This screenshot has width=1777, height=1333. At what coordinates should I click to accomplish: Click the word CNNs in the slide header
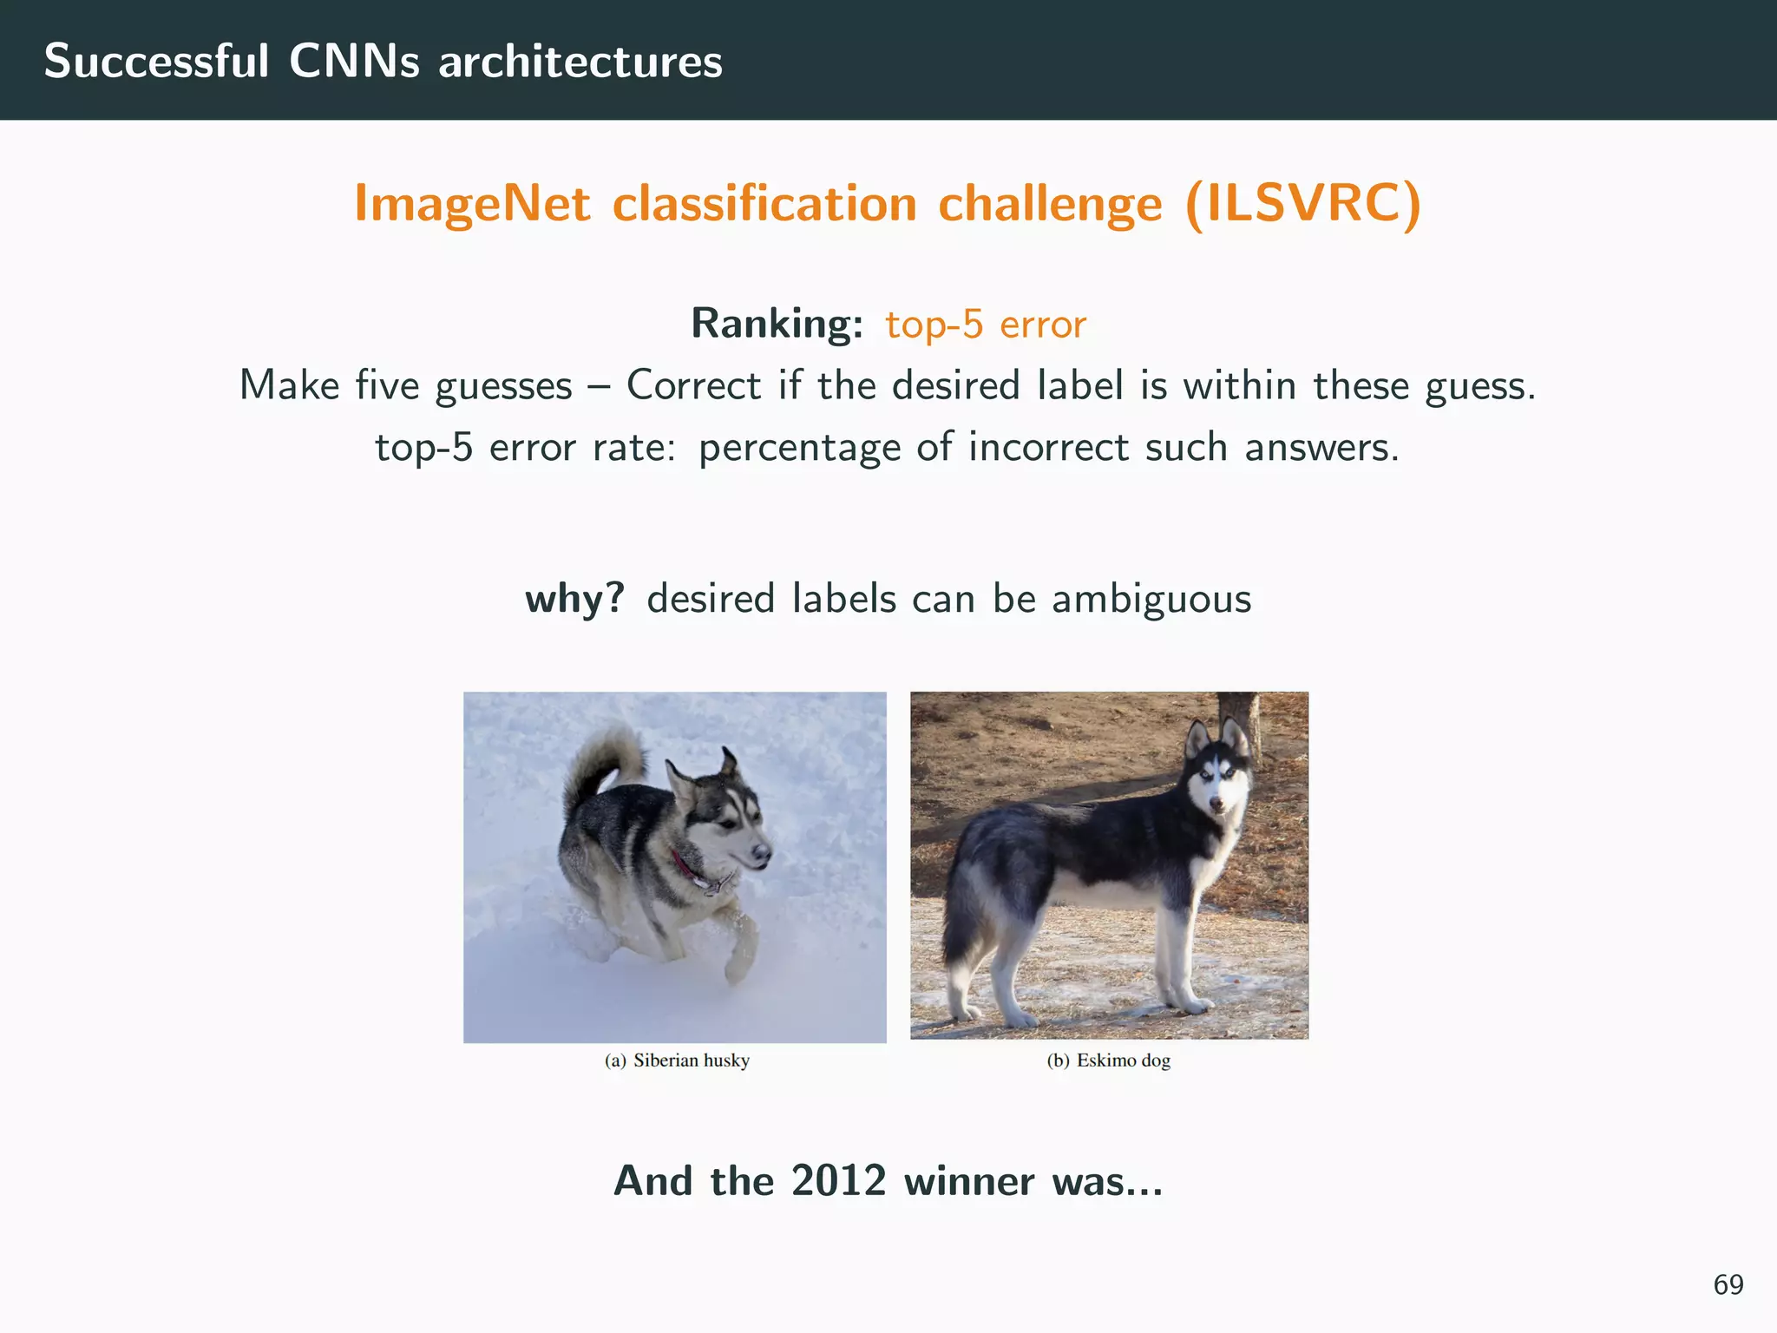click(353, 62)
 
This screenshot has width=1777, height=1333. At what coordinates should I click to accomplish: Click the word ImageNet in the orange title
click(472, 204)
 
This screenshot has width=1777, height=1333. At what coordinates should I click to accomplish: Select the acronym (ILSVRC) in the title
click(1302, 204)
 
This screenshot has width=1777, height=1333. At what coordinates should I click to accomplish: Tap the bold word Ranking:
click(777, 324)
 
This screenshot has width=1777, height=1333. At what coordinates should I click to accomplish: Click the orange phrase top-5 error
click(985, 325)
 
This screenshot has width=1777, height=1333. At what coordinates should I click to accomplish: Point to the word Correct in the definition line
click(693, 385)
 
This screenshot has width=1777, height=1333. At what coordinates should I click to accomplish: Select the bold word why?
click(574, 599)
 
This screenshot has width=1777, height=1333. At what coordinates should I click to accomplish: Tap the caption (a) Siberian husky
click(677, 1060)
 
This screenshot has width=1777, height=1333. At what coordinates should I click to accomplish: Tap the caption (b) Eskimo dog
click(1108, 1060)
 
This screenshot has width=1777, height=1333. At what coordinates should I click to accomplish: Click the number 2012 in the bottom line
click(838, 1181)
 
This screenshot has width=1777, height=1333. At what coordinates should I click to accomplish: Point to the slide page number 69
click(1728, 1284)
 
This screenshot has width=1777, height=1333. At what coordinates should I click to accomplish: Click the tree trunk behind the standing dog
click(1241, 712)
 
